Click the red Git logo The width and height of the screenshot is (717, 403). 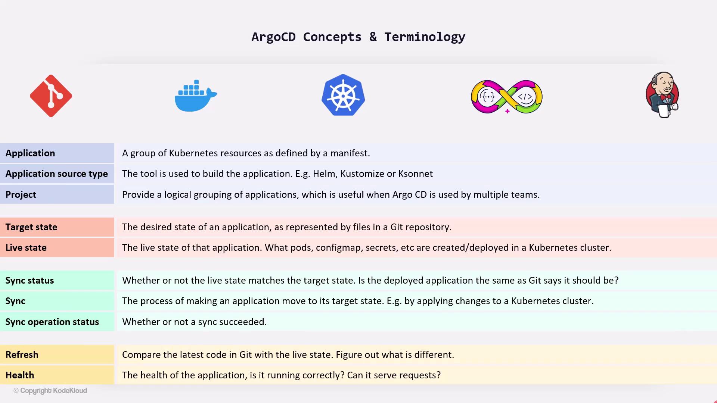[x=51, y=96]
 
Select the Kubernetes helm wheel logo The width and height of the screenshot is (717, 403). [x=343, y=95]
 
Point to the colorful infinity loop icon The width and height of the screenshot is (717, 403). [x=507, y=97]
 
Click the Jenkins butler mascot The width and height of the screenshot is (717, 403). [x=662, y=95]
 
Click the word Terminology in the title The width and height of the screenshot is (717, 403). [x=425, y=37]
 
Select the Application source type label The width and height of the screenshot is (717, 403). [x=56, y=174]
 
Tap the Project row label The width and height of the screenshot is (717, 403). [x=21, y=195]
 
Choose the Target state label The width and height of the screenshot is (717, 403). [x=31, y=227]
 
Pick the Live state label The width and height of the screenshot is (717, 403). [x=26, y=248]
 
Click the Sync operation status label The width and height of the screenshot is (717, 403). [x=52, y=322]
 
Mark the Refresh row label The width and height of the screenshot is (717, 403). [x=22, y=355]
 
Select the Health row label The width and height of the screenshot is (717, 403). [x=20, y=375]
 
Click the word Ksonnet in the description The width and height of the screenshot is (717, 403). [x=416, y=174]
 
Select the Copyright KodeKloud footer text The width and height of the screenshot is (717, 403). [x=50, y=391]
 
